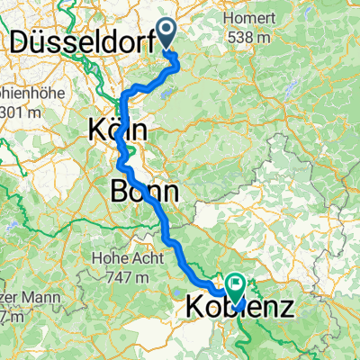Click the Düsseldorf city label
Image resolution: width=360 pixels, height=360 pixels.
point(81,40)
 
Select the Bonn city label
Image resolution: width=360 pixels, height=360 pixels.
point(143,191)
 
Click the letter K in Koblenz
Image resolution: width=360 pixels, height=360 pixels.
point(195,308)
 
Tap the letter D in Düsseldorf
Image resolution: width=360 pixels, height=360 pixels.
point(17,40)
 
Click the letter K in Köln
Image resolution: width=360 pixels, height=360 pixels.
point(96,130)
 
